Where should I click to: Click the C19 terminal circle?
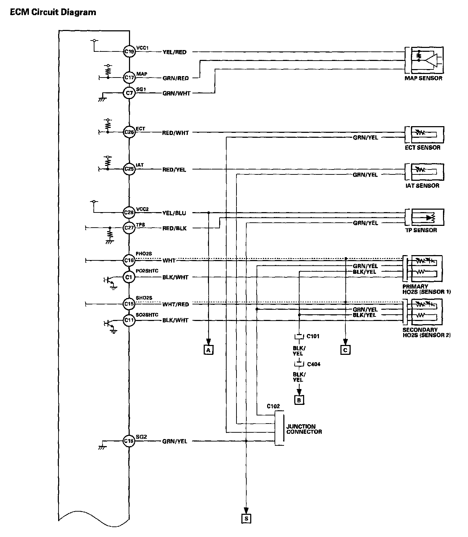pos(129,52)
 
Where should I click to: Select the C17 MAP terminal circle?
pos(129,77)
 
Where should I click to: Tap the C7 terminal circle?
pos(129,93)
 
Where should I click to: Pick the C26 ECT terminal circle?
pos(129,132)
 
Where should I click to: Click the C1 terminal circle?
pos(129,277)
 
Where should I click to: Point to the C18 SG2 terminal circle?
pos(129,441)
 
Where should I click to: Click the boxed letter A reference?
pos(209,350)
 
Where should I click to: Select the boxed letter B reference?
pos(299,400)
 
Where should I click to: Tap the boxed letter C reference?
pos(345,350)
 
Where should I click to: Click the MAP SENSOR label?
pos(423,78)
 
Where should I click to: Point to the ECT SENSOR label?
pos(423,148)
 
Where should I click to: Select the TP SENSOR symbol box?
pos(427,217)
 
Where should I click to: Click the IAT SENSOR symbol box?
pos(427,171)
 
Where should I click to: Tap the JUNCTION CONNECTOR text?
pos(304,429)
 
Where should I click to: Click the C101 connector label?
pos(313,336)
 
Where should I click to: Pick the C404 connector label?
pos(313,364)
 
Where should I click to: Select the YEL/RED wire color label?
pos(174,52)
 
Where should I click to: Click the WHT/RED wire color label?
pos(175,304)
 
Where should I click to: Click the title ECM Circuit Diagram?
pos(53,12)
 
